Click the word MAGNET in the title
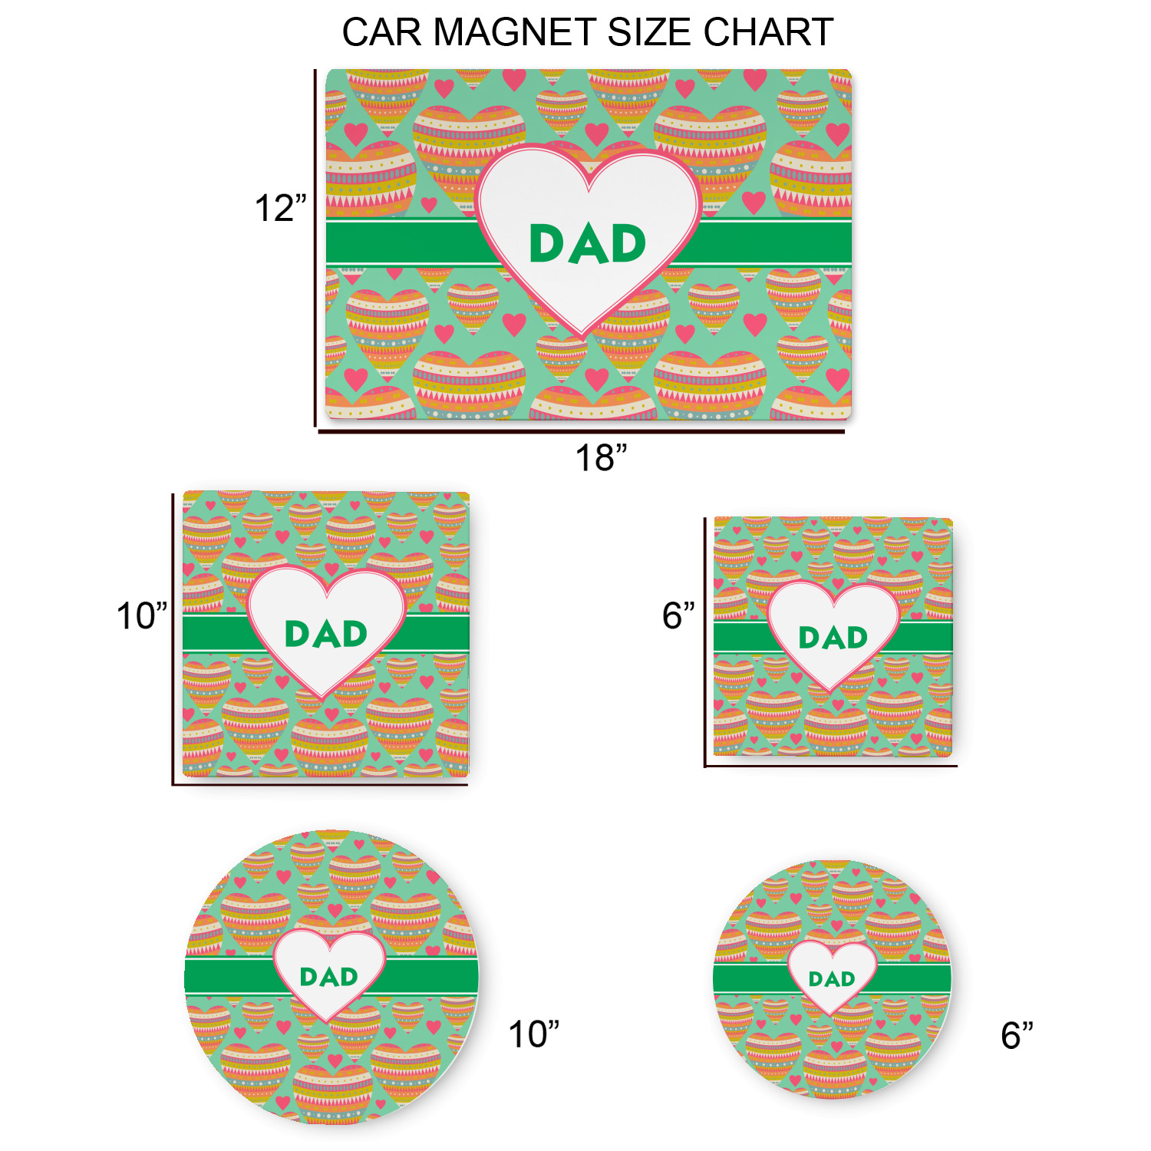[x=514, y=32]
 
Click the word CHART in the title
[x=768, y=32]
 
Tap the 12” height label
[x=280, y=208]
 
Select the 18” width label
[x=601, y=457]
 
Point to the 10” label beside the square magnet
[x=141, y=616]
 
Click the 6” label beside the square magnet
[x=678, y=615]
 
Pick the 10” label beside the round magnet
[x=534, y=1034]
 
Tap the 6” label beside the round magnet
[x=1017, y=1035]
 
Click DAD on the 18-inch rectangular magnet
[x=588, y=244]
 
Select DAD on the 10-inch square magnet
[x=326, y=634]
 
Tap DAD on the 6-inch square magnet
[x=833, y=638]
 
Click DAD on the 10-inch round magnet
[x=329, y=977]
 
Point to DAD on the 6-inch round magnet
[x=832, y=979]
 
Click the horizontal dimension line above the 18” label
[x=582, y=432]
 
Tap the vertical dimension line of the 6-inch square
[x=705, y=642]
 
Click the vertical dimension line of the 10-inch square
[x=173, y=639]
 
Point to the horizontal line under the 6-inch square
[x=830, y=766]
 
